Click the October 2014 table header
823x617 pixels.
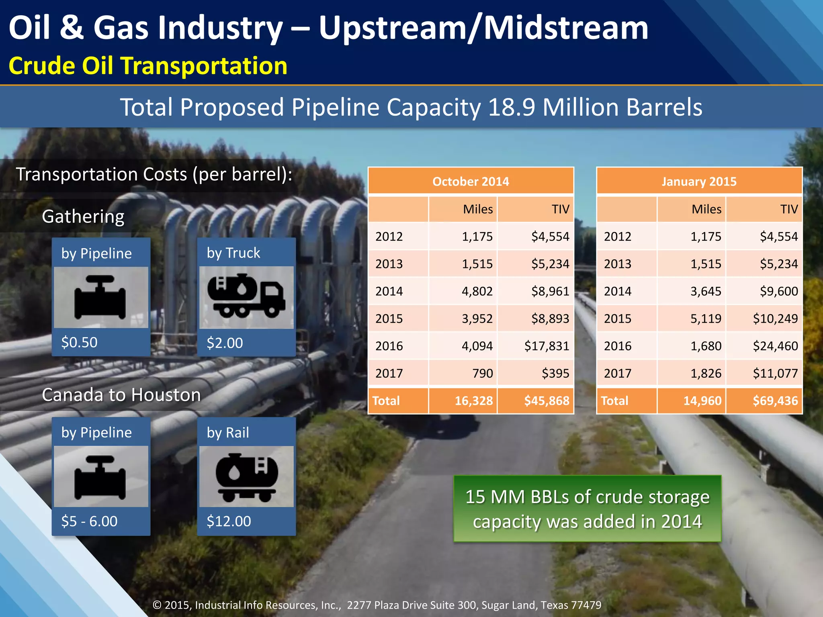pyautogui.click(x=471, y=182)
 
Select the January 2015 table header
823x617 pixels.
pyautogui.click(x=699, y=182)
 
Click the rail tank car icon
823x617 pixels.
pyautogui.click(x=246, y=477)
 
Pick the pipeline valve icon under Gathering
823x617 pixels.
pyautogui.click(x=100, y=297)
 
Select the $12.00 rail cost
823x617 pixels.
pyautogui.click(x=229, y=521)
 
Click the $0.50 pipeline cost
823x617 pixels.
pyautogui.click(x=79, y=342)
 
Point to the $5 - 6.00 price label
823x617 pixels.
pyautogui.click(x=89, y=521)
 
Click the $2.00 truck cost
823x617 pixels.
pyautogui.click(x=225, y=343)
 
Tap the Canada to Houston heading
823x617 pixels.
pyautogui.click(x=121, y=395)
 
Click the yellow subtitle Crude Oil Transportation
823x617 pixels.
pyautogui.click(x=148, y=65)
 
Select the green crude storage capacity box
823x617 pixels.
pyautogui.click(x=587, y=509)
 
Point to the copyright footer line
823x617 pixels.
pyautogui.click(x=377, y=605)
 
